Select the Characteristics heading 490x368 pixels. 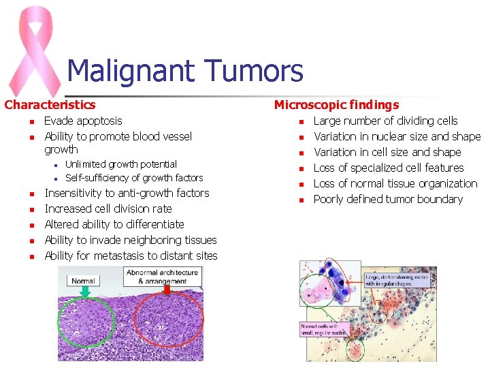coord(50,105)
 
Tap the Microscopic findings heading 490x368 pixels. coord(336,105)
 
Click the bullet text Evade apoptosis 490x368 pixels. coord(83,121)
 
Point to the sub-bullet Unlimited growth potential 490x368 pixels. coord(120,164)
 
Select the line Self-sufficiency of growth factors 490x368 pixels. coord(133,178)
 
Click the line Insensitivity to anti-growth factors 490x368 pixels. coord(127,194)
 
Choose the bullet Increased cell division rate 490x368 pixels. coord(108,209)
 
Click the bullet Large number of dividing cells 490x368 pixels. coord(385,121)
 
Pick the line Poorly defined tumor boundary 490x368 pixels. coord(388,200)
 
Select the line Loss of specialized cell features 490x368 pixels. coord(388,168)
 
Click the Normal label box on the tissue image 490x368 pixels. coord(84,281)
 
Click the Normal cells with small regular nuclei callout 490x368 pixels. coord(324,329)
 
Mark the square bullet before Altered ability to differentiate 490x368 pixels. coord(31,225)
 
